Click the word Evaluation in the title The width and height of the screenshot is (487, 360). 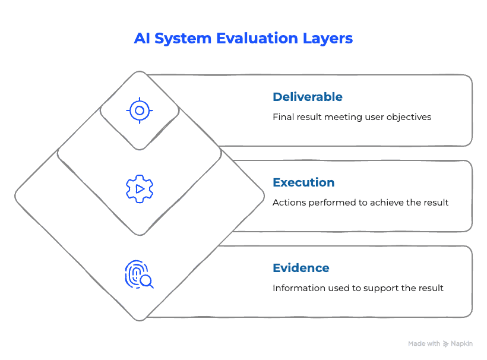pyautogui.click(x=257, y=39)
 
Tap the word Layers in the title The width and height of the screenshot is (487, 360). pyautogui.click(x=328, y=39)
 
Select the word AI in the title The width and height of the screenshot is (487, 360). pyautogui.click(x=143, y=39)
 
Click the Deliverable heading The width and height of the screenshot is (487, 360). pyautogui.click(x=308, y=97)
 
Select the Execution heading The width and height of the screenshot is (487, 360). pyautogui.click(x=303, y=182)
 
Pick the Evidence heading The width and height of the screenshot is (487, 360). pyautogui.click(x=301, y=268)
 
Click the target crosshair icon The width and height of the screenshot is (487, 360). pyautogui.click(x=140, y=110)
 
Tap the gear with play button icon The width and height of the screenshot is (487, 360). pyautogui.click(x=140, y=189)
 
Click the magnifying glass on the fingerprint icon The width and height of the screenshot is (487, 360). pyautogui.click(x=146, y=282)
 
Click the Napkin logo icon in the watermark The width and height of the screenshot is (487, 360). pyautogui.click(x=445, y=344)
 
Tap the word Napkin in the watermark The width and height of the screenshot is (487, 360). pyautogui.click(x=462, y=344)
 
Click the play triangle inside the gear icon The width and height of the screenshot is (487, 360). pyautogui.click(x=140, y=189)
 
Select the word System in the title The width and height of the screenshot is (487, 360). pyautogui.click(x=183, y=39)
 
